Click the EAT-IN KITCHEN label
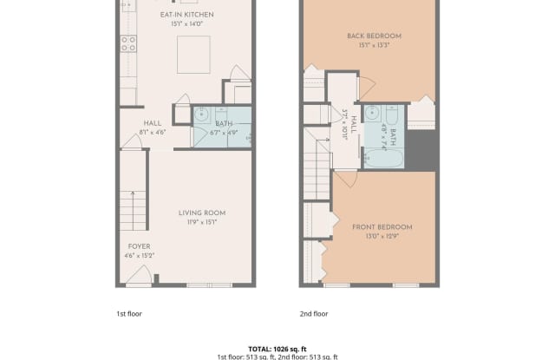(x=187, y=15)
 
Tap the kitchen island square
(x=193, y=55)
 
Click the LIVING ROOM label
(x=202, y=213)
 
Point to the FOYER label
(x=140, y=246)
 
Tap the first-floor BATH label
(x=225, y=124)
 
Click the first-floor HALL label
(x=153, y=123)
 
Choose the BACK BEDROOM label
(x=368, y=36)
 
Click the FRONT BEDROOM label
(x=382, y=227)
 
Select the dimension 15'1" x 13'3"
(x=368, y=44)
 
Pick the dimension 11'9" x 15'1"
(x=202, y=222)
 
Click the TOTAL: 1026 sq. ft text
(x=277, y=347)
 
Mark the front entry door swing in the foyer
(x=139, y=278)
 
